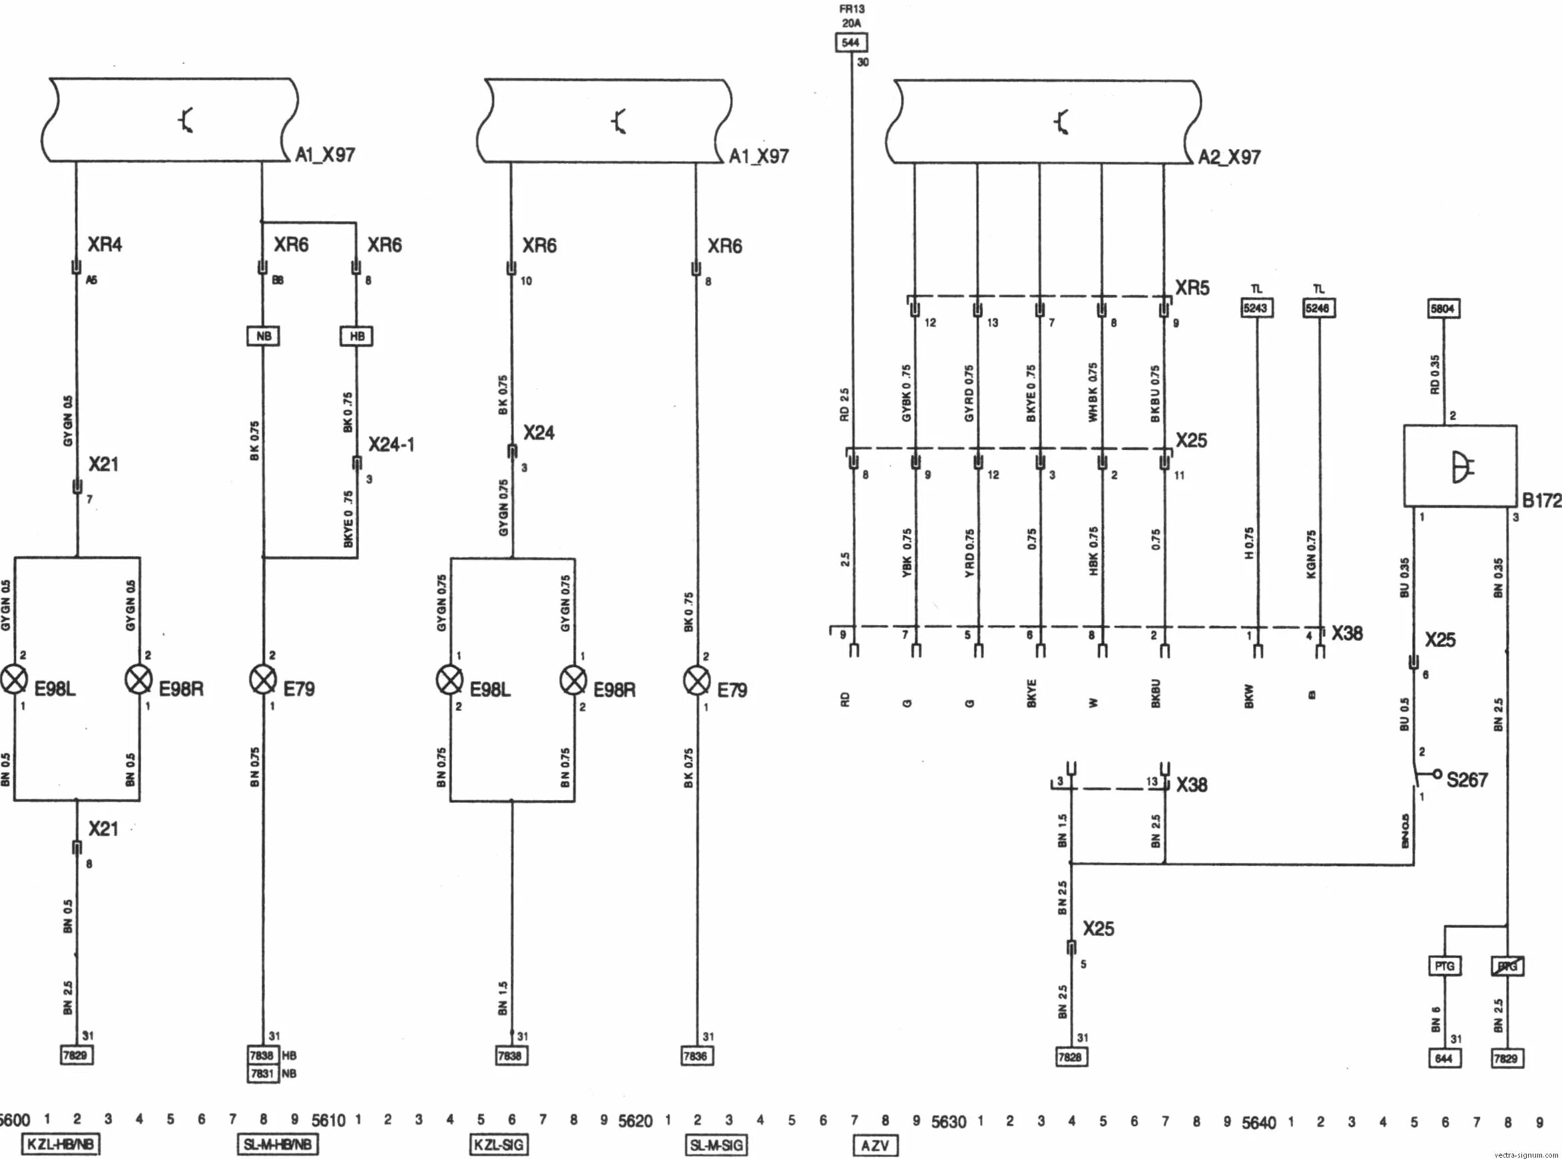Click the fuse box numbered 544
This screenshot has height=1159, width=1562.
(850, 42)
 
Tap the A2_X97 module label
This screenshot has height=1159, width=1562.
(1228, 156)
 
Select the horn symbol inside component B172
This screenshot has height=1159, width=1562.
(1461, 467)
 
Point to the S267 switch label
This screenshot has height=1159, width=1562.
(1467, 780)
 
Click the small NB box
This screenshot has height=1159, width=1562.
(263, 336)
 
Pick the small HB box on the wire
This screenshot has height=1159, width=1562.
(356, 336)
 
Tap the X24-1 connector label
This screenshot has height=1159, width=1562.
(391, 444)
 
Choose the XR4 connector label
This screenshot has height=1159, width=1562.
(105, 244)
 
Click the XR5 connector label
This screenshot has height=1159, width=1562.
(1192, 288)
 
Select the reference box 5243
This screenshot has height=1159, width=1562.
(1255, 308)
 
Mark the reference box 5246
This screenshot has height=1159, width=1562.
(1318, 308)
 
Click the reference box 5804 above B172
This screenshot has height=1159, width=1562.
(1443, 309)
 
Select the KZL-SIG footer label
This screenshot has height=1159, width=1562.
(498, 1144)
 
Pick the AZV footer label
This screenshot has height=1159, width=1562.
(874, 1145)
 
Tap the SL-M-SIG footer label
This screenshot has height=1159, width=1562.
(716, 1144)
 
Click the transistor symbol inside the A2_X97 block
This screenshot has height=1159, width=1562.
(1061, 122)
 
